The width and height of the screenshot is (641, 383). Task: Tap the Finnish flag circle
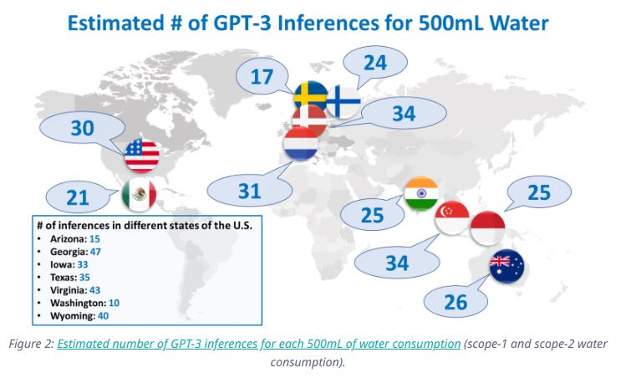(343, 102)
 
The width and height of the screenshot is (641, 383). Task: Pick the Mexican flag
(139, 194)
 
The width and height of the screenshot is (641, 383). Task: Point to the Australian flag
(507, 267)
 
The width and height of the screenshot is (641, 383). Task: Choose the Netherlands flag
(302, 144)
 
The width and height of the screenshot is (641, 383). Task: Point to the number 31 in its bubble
(250, 190)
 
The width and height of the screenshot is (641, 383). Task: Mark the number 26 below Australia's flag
(455, 301)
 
